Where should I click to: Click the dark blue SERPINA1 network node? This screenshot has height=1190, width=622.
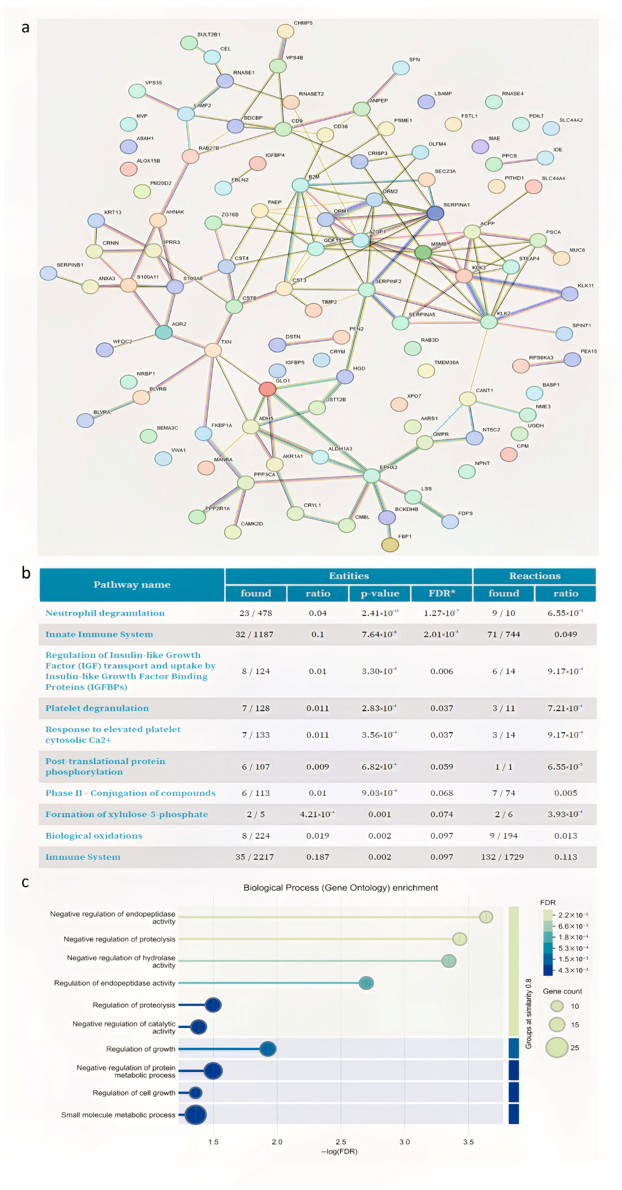[435, 213]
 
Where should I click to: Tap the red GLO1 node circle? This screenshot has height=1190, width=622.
[268, 389]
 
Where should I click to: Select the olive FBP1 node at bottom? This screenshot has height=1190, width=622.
[390, 545]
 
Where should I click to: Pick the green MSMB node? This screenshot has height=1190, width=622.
[423, 252]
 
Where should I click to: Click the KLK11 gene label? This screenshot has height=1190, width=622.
[585, 286]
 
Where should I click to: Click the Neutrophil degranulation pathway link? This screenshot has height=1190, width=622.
[105, 613]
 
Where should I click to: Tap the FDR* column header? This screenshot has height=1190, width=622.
[441, 593]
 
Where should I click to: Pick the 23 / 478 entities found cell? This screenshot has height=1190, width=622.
[255, 613]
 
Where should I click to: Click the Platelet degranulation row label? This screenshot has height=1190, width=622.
[97, 708]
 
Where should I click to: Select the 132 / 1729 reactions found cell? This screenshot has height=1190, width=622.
[502, 857]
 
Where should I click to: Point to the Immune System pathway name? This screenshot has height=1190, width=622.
[83, 857]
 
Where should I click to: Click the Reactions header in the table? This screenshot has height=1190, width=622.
[535, 576]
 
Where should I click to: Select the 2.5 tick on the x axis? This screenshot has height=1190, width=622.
[341, 1141]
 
